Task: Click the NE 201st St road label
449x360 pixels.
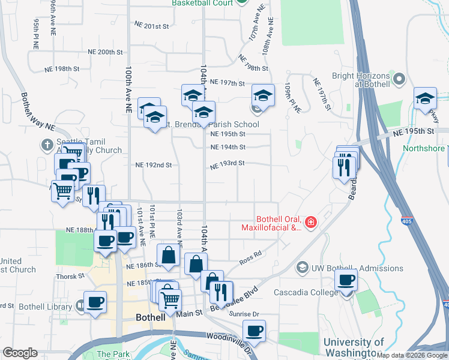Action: click(152, 26)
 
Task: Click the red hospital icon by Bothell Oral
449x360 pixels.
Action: click(310, 223)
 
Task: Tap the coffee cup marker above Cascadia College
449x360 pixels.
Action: click(346, 279)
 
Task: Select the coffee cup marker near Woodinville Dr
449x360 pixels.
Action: click(254, 330)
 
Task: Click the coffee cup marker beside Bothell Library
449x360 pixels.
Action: click(95, 302)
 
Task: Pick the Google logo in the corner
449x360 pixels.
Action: click(20, 353)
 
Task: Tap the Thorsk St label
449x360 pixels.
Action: click(71, 277)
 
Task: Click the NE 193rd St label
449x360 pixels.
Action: click(228, 163)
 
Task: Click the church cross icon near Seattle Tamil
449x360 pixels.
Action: click(47, 145)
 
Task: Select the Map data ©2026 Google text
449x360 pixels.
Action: click(412, 355)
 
